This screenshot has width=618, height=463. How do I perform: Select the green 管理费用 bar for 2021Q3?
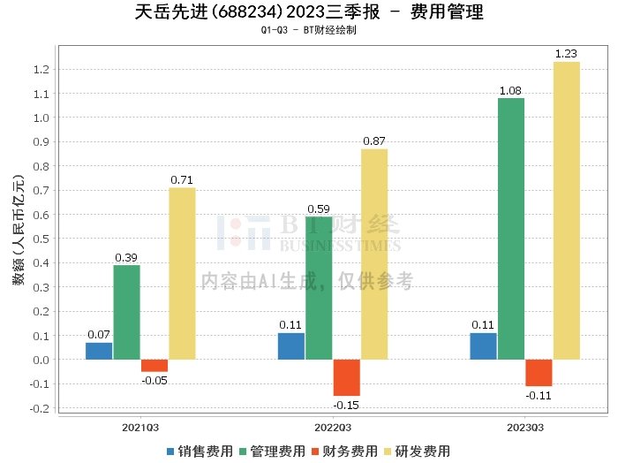pyautogui.click(x=126, y=312)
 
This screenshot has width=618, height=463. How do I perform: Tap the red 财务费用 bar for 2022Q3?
pyautogui.click(x=346, y=377)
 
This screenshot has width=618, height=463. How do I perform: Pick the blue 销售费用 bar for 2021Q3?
pyautogui.click(x=99, y=351)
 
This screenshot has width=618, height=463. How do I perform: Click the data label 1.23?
pyautogui.click(x=566, y=55)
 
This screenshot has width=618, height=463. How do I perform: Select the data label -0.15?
pyautogui.click(x=346, y=405)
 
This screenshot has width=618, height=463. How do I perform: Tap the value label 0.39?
pyautogui.click(x=126, y=258)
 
